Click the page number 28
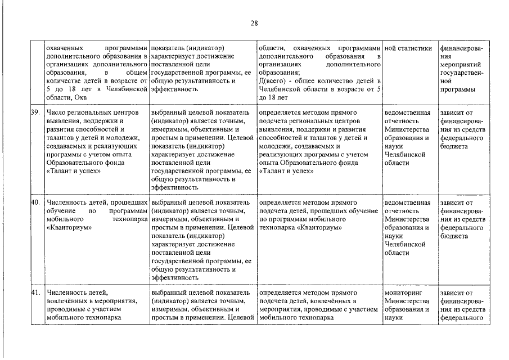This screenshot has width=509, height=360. pos(254,23)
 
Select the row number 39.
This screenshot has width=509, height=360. pos(35,112)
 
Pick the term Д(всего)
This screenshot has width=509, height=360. pos(272,81)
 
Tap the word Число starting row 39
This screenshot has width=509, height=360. pos(57,112)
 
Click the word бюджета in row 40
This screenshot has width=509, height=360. pos(455,236)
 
